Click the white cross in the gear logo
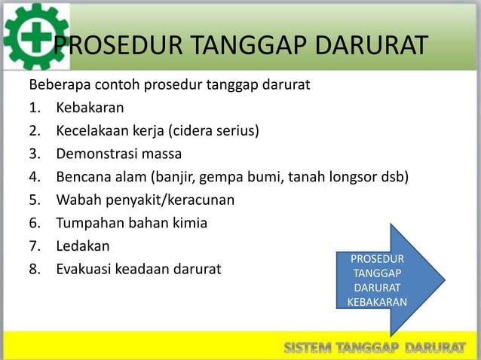(35, 35)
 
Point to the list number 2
(34, 133)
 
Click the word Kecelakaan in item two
(90, 133)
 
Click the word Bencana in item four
(80, 178)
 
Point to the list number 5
(34, 200)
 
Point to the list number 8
(34, 268)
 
